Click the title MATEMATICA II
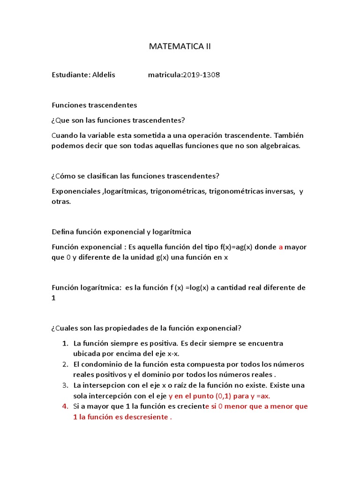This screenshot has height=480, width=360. [x=180, y=46]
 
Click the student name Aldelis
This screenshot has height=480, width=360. [x=104, y=75]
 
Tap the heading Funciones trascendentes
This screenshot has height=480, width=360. [x=94, y=105]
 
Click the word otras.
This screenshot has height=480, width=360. [x=60, y=202]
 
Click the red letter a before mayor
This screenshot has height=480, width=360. [x=281, y=247]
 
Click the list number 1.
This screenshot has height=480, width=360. [x=65, y=344]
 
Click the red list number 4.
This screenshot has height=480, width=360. [x=65, y=406]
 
